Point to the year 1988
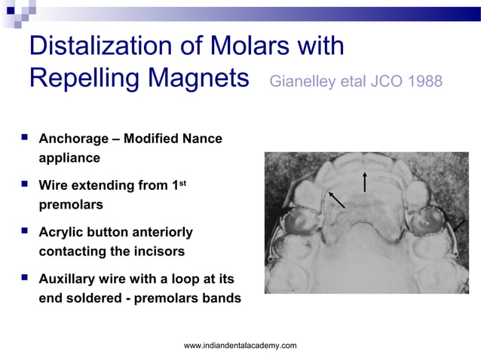pos(424,81)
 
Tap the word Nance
pos(200,139)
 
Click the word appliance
pos(69,158)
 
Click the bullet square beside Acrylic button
pos(25,232)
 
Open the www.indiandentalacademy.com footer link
pos(240,345)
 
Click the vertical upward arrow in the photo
pos(364,182)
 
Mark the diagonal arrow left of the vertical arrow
pos(336,198)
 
